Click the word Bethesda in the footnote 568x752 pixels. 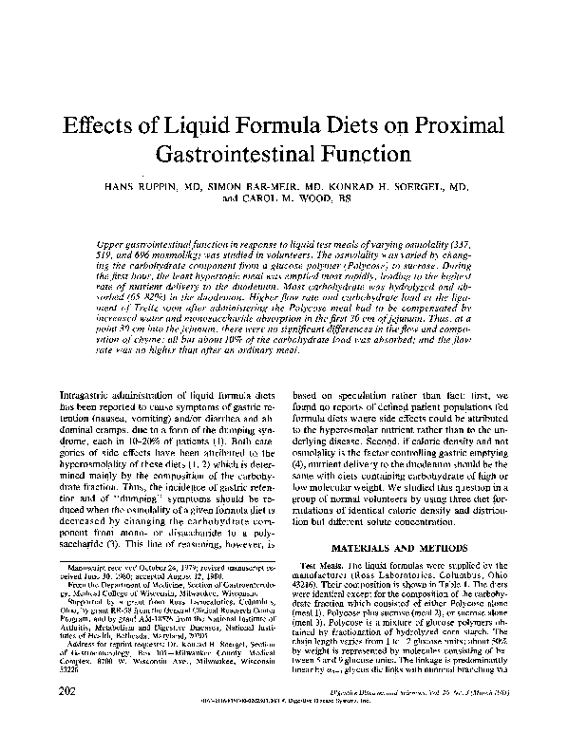115,660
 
